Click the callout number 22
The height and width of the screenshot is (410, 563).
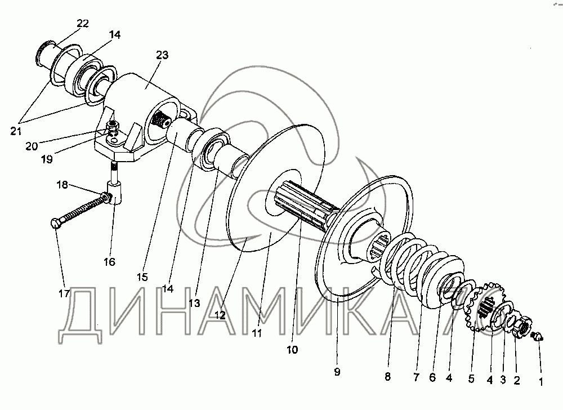83,23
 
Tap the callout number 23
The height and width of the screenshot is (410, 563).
162,55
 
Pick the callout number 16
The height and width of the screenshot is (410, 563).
109,261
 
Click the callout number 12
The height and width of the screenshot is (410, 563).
220,315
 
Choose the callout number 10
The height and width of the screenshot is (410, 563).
292,349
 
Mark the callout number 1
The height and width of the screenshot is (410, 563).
542,382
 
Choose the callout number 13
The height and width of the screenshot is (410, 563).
194,303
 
